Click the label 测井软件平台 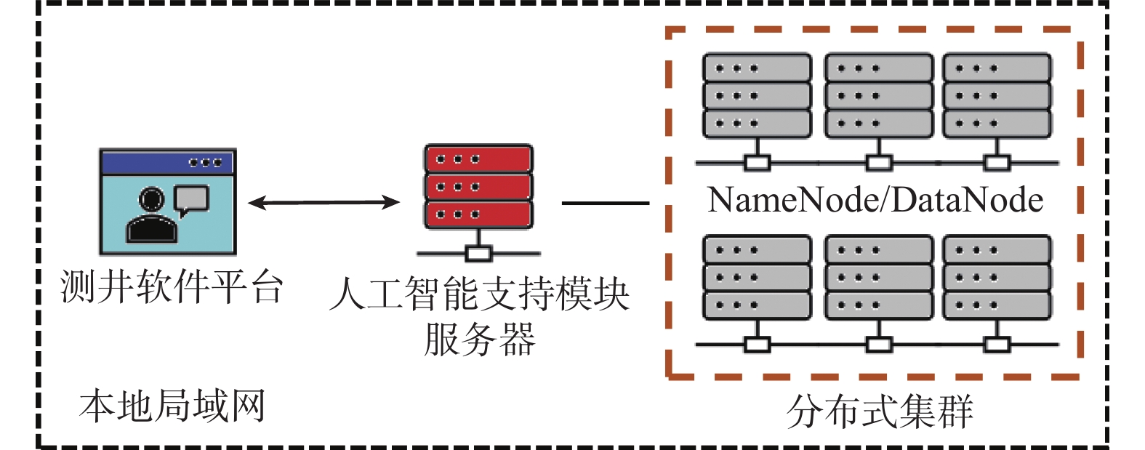click(x=172, y=287)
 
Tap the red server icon click(x=478, y=187)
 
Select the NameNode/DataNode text click(x=875, y=200)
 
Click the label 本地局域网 click(x=172, y=406)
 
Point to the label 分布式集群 click(x=880, y=411)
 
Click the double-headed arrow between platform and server click(x=324, y=203)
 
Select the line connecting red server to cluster click(x=605, y=204)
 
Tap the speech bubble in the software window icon click(x=192, y=200)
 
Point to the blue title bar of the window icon click(x=168, y=162)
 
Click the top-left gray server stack click(x=757, y=95)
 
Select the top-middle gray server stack click(x=878, y=95)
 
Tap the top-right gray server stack click(x=997, y=95)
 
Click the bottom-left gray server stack click(x=757, y=277)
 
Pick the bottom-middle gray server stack click(x=878, y=277)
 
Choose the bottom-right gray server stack click(x=997, y=277)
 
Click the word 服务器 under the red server click(x=480, y=339)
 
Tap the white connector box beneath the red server click(x=478, y=254)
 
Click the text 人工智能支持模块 click(x=480, y=294)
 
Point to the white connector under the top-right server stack click(x=997, y=163)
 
